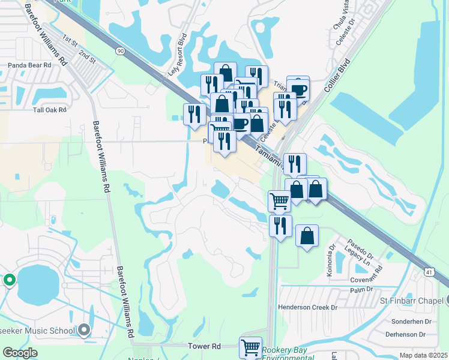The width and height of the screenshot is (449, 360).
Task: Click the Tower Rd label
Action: pyautogui.click(x=205, y=346)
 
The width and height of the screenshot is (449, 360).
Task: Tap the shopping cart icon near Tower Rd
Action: pyautogui.click(x=250, y=347)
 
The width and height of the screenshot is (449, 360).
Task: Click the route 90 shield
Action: pyautogui.click(x=121, y=52)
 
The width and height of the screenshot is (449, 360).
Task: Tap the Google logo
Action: pyautogui.click(x=20, y=353)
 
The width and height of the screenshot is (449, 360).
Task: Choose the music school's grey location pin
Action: pyautogui.click(x=84, y=329)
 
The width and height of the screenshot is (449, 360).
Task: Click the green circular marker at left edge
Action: pyautogui.click(x=9, y=280)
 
